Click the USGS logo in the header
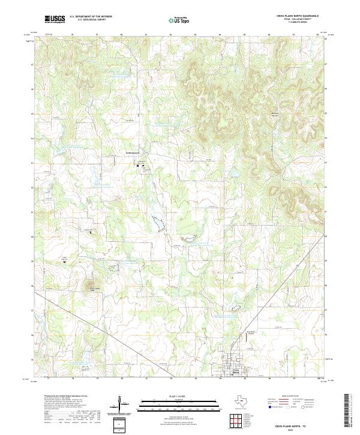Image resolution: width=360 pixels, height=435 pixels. click(55, 19)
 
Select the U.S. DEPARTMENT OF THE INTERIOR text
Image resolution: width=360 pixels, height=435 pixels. click(91, 17)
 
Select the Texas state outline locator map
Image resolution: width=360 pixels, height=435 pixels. click(246, 401)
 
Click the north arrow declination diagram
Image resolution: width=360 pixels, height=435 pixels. click(120, 404)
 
